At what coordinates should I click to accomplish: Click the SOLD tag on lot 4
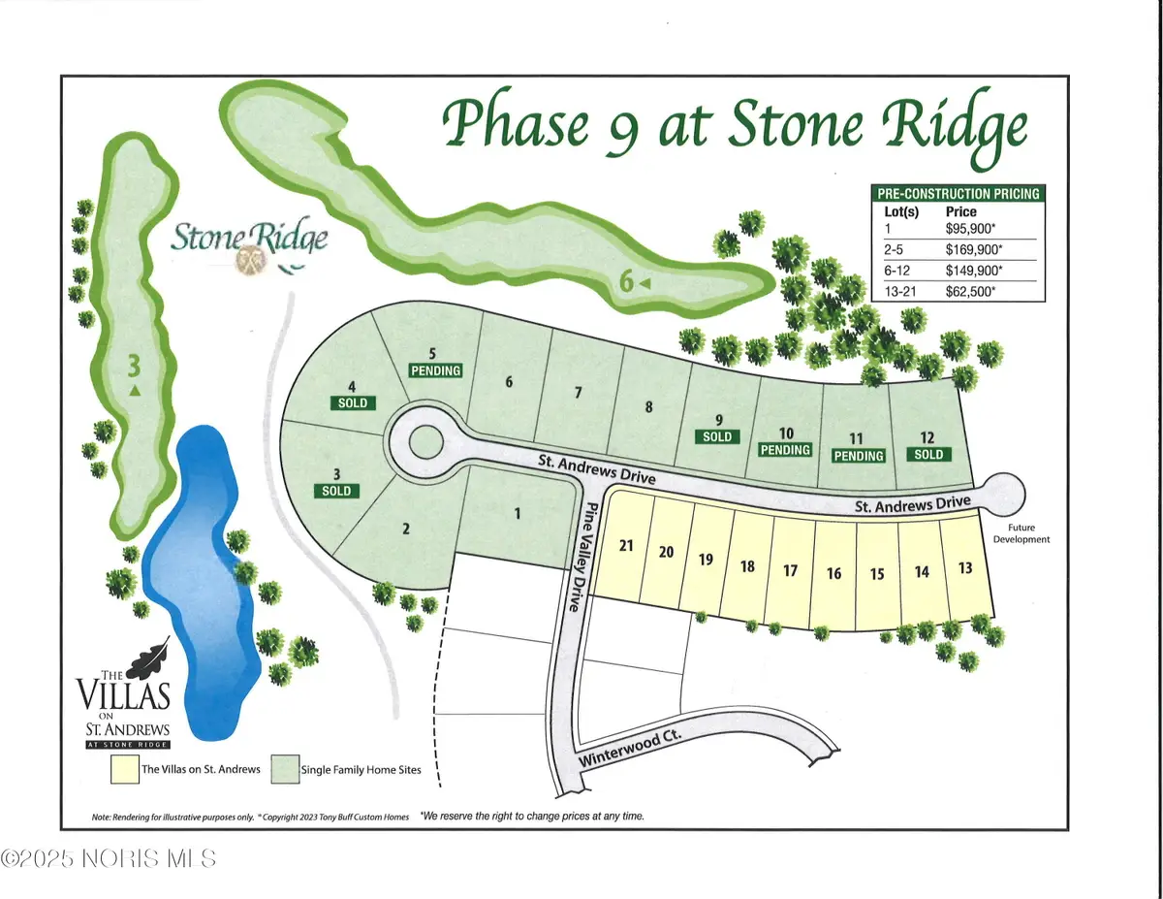point(354,401)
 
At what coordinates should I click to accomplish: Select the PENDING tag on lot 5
point(435,370)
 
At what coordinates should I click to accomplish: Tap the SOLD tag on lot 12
point(927,454)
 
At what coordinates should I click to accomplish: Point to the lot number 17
point(790,570)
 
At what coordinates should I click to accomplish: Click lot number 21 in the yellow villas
point(626,546)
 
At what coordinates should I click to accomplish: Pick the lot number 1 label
point(518,515)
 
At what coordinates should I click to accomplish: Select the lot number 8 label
point(648,407)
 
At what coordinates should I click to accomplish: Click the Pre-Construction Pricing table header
point(956,193)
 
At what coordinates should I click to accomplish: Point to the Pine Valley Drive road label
point(580,557)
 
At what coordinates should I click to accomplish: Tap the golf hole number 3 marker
point(135,368)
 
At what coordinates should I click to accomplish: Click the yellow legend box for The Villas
point(124,769)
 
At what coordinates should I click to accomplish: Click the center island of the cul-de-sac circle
point(423,443)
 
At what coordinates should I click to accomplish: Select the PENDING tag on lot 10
point(785,450)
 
